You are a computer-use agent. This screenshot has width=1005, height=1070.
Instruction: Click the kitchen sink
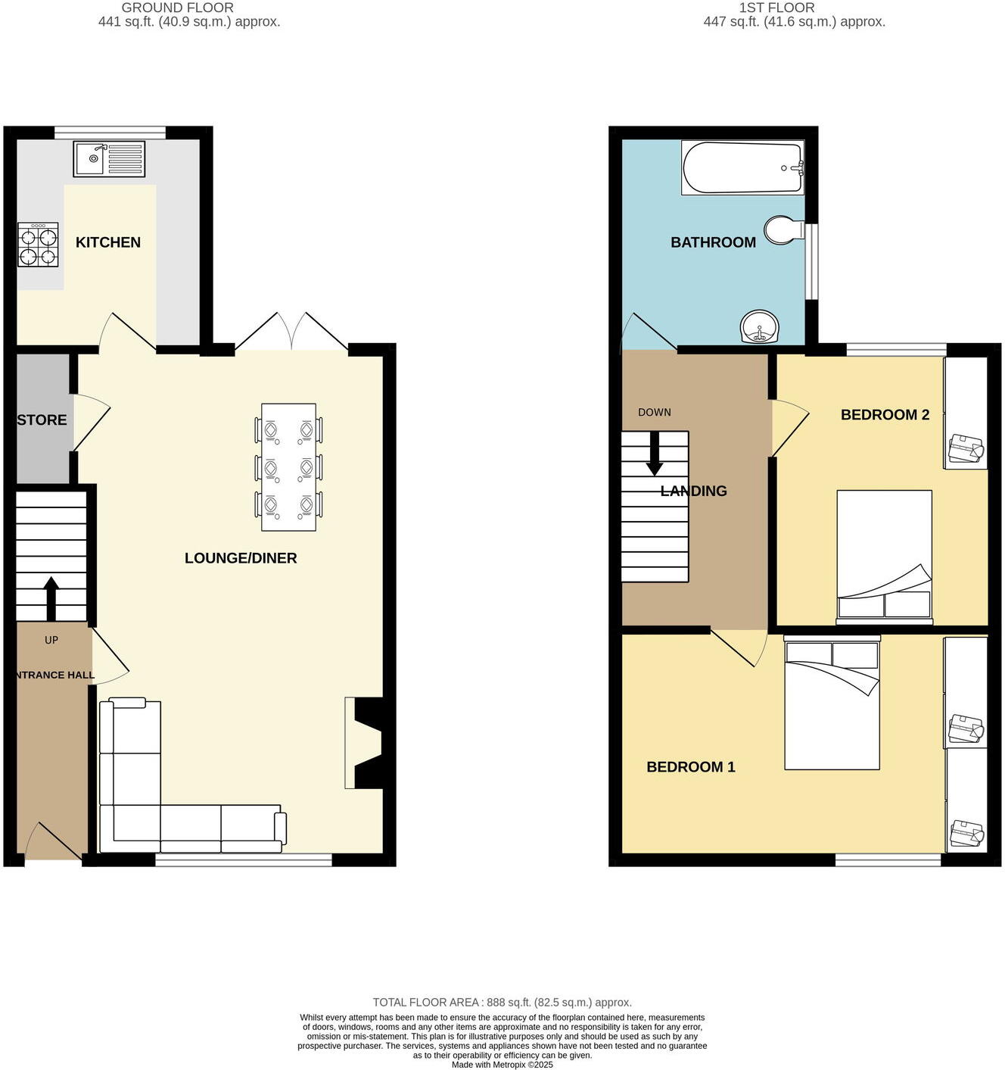pyautogui.click(x=108, y=159)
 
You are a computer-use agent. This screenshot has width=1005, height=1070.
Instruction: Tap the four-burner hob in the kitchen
pyautogui.click(x=38, y=245)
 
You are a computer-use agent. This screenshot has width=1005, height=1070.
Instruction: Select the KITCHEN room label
pyautogui.click(x=108, y=242)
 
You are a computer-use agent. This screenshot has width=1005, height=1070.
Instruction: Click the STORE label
pyautogui.click(x=42, y=420)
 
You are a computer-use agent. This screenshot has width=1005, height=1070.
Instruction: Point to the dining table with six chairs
pyautogui.click(x=288, y=467)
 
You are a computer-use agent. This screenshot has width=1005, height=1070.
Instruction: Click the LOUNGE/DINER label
pyautogui.click(x=241, y=558)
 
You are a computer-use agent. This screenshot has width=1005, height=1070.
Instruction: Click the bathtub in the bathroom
pyautogui.click(x=742, y=167)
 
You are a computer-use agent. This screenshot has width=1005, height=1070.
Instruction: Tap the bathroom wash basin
pyautogui.click(x=759, y=327)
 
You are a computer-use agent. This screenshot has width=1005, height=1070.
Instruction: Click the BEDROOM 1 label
pyautogui.click(x=691, y=767)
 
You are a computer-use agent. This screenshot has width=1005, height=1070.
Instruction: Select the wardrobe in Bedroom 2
pyautogui.click(x=966, y=413)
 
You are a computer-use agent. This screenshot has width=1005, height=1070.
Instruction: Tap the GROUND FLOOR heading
pyautogui.click(x=178, y=8)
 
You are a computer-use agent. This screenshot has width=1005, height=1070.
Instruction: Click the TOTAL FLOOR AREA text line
pyautogui.click(x=502, y=1002)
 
